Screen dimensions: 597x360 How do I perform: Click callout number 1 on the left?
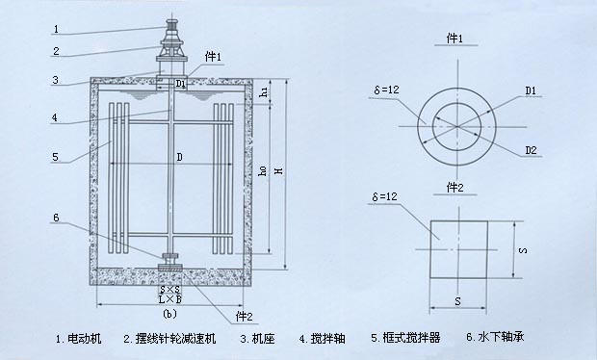(x=57, y=29)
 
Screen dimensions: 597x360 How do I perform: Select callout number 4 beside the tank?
(x=55, y=117)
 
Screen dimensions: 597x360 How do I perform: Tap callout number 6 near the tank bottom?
(x=56, y=218)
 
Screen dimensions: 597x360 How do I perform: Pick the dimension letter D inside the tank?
(x=179, y=157)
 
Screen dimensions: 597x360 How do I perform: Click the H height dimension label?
(x=280, y=171)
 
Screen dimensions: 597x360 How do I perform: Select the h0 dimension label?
(x=262, y=171)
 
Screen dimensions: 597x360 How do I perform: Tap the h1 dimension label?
(x=263, y=91)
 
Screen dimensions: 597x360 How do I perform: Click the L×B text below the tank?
(x=170, y=299)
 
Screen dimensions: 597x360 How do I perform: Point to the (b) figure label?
(x=169, y=314)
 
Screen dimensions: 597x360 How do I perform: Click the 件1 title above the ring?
(x=455, y=39)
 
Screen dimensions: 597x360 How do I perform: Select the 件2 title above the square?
(x=455, y=188)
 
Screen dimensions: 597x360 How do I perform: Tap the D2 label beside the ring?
(x=531, y=150)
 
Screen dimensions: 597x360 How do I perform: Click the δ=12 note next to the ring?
(x=386, y=90)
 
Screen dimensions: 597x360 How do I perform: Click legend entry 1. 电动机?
(x=78, y=338)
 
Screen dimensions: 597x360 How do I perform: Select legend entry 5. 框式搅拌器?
(x=405, y=338)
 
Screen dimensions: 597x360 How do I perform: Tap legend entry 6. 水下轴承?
(x=495, y=337)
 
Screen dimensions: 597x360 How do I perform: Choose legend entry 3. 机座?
(x=257, y=338)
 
